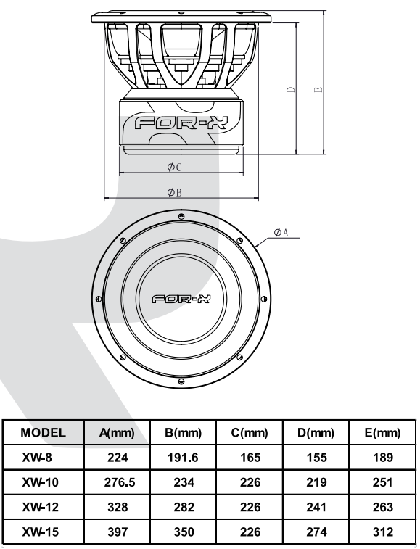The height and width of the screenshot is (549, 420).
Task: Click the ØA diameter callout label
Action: (x=281, y=232)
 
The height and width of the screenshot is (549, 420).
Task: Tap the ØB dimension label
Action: (x=174, y=192)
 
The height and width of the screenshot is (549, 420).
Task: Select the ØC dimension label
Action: (x=174, y=167)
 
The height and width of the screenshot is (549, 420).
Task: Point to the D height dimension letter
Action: (x=291, y=90)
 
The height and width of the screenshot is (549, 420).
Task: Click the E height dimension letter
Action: (x=318, y=90)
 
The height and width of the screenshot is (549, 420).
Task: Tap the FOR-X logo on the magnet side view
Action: (x=181, y=123)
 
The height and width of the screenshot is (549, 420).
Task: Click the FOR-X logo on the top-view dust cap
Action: (x=181, y=299)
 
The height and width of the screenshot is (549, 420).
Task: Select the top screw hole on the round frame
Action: (x=181, y=215)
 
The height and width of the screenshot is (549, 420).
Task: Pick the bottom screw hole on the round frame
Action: (x=181, y=381)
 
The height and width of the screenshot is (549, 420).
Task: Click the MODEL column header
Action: (x=43, y=432)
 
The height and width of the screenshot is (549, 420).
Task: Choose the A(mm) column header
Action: (x=117, y=433)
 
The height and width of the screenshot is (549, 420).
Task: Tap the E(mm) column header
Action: (x=382, y=433)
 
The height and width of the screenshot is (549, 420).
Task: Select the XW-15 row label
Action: (x=40, y=532)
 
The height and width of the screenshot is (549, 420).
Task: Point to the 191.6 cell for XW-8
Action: (x=184, y=458)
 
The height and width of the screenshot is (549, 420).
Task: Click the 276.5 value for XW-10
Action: (x=120, y=482)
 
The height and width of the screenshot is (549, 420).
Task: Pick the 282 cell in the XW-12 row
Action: (x=184, y=508)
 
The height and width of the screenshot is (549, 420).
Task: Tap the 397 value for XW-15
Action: (x=118, y=532)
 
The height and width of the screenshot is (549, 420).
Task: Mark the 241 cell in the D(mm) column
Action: (x=316, y=508)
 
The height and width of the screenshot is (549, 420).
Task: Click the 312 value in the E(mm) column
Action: (x=383, y=532)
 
